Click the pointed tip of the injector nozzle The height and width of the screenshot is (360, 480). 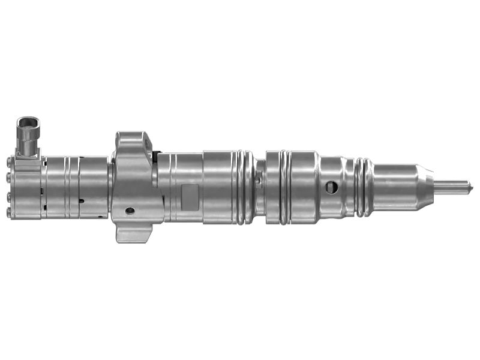(472, 185)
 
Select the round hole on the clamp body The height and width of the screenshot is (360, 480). (129, 210)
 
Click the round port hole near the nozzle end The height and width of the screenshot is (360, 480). (332, 187)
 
